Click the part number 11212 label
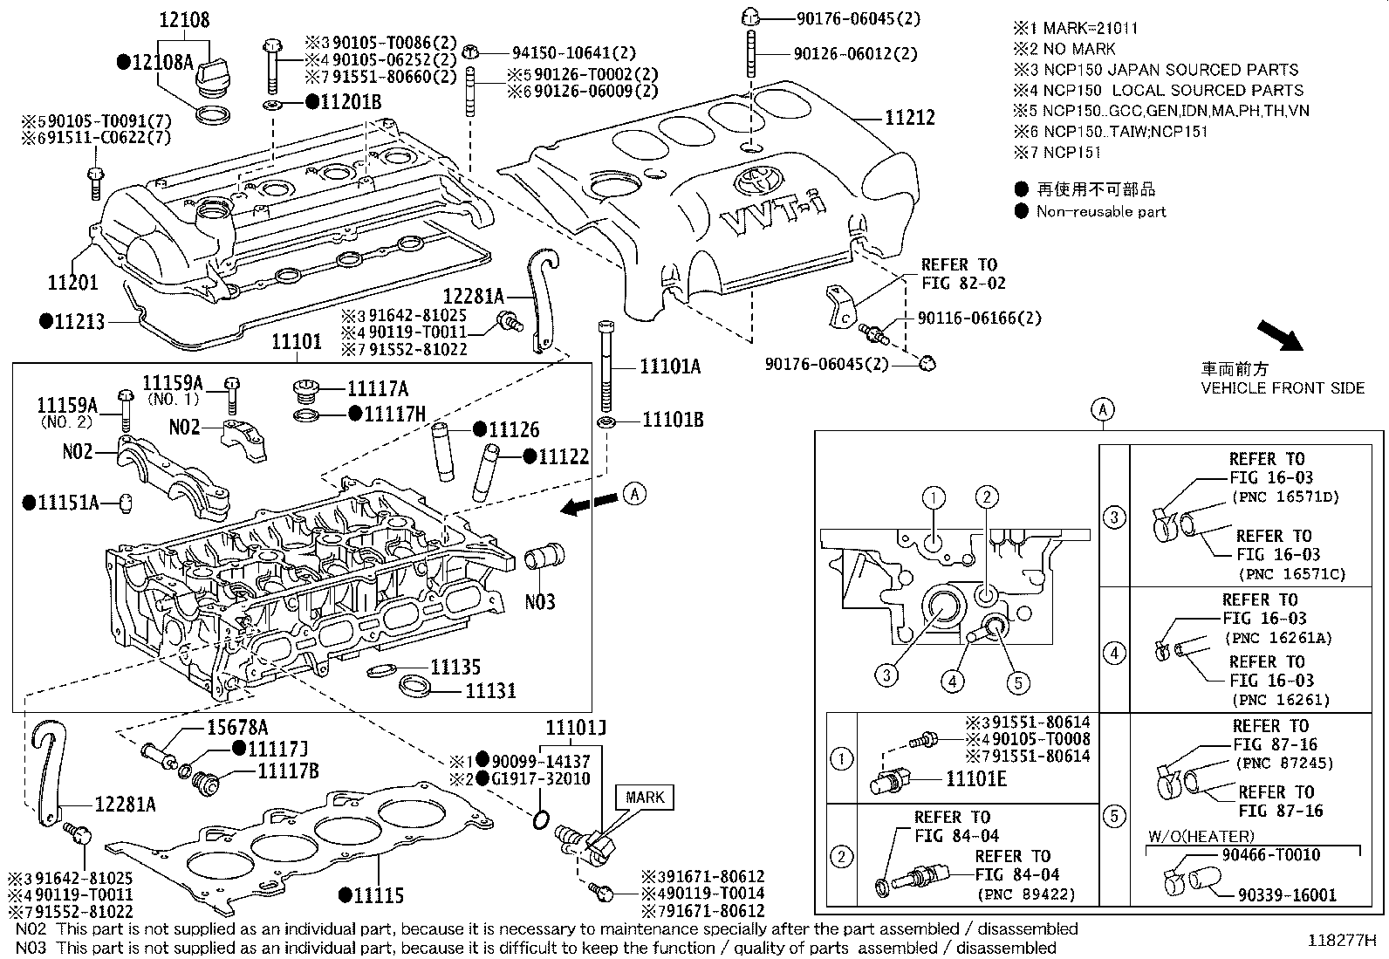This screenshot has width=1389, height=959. (x=910, y=118)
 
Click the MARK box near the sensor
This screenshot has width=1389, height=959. (x=645, y=797)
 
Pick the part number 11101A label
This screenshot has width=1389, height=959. (x=670, y=366)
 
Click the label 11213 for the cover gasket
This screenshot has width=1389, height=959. (x=79, y=321)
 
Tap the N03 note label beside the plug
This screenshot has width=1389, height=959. (x=540, y=601)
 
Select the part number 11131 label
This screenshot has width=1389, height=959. (x=490, y=690)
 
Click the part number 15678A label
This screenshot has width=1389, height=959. (x=237, y=728)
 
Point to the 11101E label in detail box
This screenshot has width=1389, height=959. (x=976, y=778)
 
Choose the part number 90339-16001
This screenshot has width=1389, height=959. (x=1287, y=895)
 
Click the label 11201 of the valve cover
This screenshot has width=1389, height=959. (x=72, y=282)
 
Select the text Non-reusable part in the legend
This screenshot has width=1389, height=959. (x=1101, y=211)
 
